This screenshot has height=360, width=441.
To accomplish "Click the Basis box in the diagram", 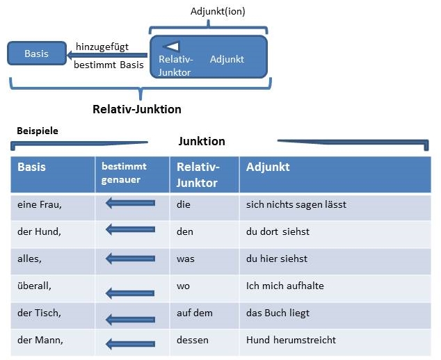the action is [37, 54].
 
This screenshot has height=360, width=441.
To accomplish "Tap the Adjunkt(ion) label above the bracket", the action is [218, 12].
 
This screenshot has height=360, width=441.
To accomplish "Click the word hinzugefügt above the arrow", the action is [102, 47].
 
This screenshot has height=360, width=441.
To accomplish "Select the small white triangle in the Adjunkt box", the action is [171, 46].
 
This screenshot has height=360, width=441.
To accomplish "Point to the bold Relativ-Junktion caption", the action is [137, 109].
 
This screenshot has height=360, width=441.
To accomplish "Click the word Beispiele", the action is [38, 131].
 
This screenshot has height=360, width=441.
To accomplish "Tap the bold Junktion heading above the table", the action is [202, 141].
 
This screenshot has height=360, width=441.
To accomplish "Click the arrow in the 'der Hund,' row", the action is [130, 229].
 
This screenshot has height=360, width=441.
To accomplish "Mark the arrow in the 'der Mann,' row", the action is [130, 344].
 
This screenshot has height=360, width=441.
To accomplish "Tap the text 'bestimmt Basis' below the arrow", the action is [109, 65].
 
